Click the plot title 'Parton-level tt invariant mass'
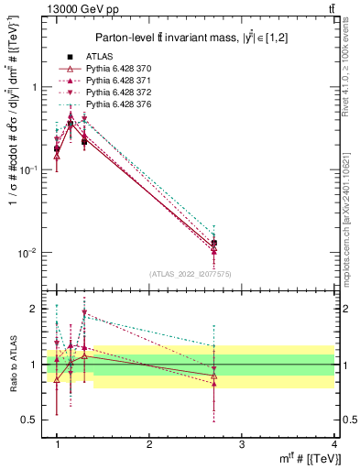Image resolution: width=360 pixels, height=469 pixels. [189, 37]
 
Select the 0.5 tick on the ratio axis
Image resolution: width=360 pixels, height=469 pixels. [30, 420]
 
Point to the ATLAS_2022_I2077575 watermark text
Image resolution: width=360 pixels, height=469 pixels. [190, 274]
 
